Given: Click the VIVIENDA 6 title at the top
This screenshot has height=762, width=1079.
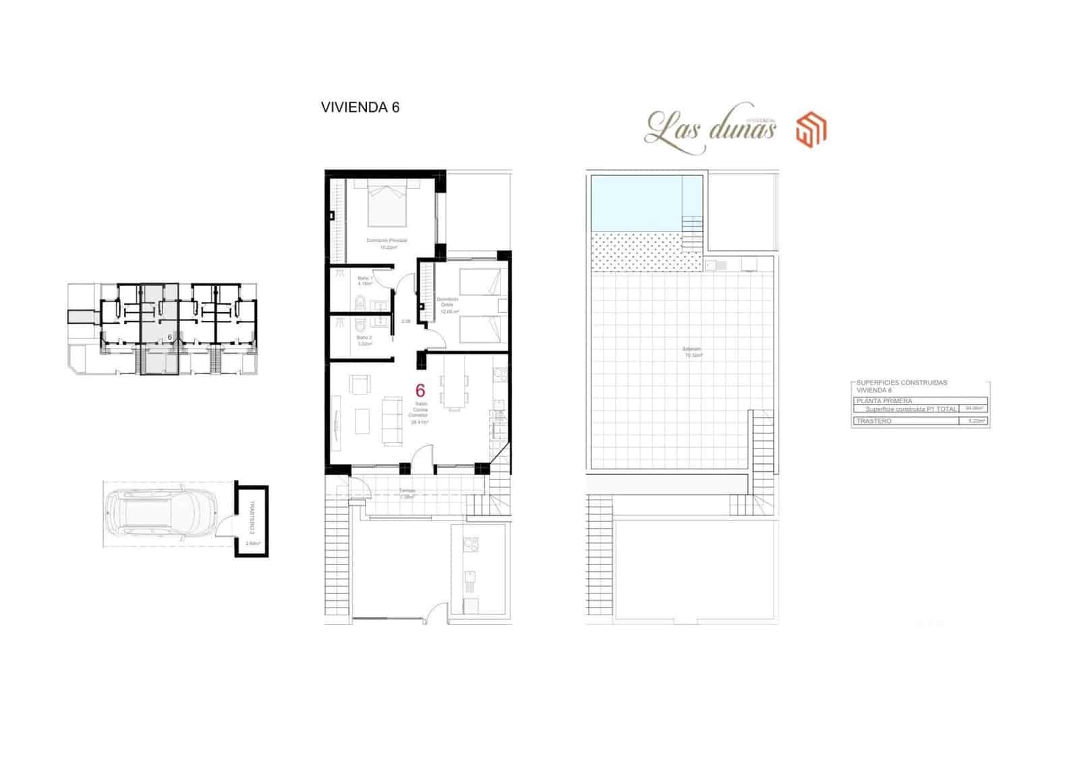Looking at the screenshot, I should coord(360,107).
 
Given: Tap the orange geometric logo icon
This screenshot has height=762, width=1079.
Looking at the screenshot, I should coord(811,129).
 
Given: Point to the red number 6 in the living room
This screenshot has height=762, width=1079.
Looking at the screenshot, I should coord(420,390).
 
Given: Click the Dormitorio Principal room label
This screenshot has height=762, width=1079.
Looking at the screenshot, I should coord(386,241).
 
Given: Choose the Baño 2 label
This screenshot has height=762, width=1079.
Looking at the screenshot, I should coord(363,337).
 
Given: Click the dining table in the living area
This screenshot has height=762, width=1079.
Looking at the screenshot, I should coord(453,391).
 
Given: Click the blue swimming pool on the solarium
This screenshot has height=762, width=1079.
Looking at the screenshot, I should coord(637,202).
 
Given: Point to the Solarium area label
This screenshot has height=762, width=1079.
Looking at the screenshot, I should coord(693,350).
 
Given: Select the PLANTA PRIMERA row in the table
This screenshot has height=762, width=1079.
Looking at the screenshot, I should coord(883,401).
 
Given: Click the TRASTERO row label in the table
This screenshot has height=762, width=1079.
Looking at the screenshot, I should coord(874,421).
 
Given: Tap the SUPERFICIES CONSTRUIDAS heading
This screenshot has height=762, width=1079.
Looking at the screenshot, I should coord(902,382).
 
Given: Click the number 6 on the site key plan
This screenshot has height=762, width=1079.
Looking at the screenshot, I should coord(170,336).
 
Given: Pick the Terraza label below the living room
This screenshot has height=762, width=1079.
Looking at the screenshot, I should coord(407,491).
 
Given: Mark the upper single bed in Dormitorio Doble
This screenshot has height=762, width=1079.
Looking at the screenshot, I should coord(481,281).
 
